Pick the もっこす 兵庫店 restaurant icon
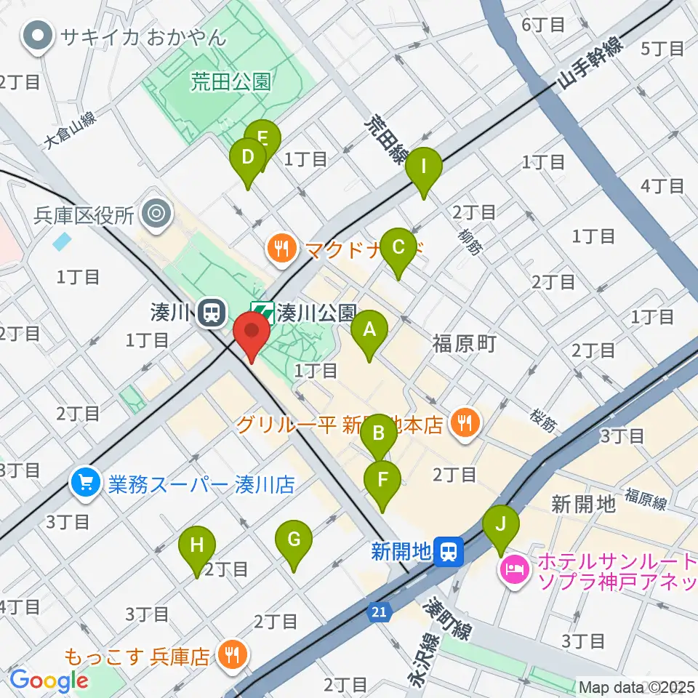[x=233, y=657]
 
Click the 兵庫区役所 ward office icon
[x=156, y=214]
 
